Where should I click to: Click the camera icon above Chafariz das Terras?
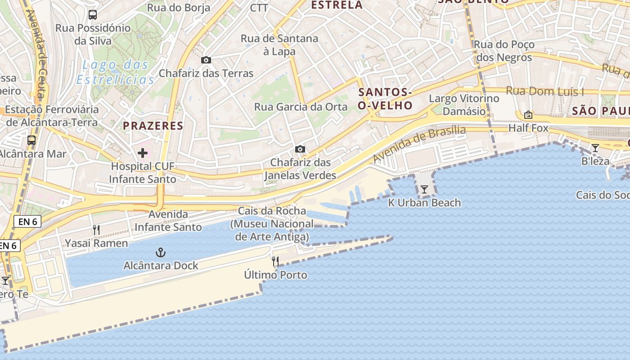206,60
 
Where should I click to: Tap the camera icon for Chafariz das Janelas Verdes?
300,149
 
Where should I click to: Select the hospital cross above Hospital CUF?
143,153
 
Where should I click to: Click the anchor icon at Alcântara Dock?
161,252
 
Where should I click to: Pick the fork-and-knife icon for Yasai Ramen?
96,230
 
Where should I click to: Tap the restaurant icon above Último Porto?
275,261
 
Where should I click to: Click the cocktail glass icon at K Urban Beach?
424,189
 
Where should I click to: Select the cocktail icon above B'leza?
595,148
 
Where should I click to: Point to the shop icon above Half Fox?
528,115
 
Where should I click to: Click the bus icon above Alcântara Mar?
31,140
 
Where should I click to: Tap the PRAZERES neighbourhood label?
153,126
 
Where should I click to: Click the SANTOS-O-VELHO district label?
385,99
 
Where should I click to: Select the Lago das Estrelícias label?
115,72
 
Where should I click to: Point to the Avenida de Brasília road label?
419,144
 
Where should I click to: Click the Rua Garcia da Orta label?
301,107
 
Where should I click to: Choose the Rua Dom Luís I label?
545,91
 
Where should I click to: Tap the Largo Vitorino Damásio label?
464,104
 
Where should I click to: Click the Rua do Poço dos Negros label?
504,51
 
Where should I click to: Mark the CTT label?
259,8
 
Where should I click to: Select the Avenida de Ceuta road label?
37,54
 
